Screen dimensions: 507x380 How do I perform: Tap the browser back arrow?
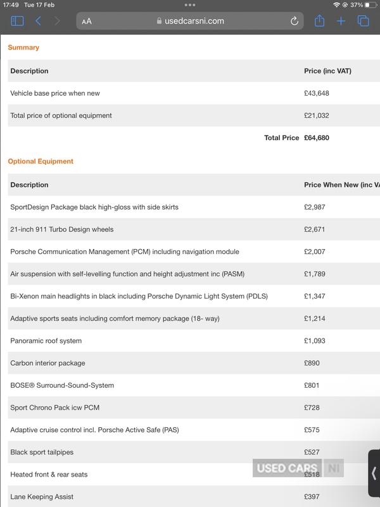coord(38,22)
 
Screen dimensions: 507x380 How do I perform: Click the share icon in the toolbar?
coord(319,21)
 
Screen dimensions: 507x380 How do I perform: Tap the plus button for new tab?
coord(341,21)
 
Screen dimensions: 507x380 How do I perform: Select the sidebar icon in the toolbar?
coord(17,22)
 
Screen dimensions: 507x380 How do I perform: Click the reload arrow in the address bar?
coord(294,21)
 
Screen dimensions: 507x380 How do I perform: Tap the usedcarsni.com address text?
coord(194,21)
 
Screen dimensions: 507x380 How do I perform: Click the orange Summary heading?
coord(23,48)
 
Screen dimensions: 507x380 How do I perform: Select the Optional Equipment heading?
coord(41,162)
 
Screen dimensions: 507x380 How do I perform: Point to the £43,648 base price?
coord(317,93)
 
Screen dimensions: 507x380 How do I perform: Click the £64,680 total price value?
coord(317,138)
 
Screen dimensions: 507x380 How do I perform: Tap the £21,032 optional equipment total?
coord(317,115)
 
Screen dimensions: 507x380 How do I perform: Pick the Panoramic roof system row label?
coord(46,341)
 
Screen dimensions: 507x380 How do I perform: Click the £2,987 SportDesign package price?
coord(315,207)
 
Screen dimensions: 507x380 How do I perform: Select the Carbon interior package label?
coord(47,363)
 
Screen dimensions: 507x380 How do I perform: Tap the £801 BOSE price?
coord(313,385)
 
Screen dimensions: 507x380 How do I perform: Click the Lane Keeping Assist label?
coord(42,497)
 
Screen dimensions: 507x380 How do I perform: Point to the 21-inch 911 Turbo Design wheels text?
coord(62,229)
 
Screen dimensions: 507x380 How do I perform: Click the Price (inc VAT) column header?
coord(327,71)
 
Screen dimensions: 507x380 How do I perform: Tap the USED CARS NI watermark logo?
coord(298,469)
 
